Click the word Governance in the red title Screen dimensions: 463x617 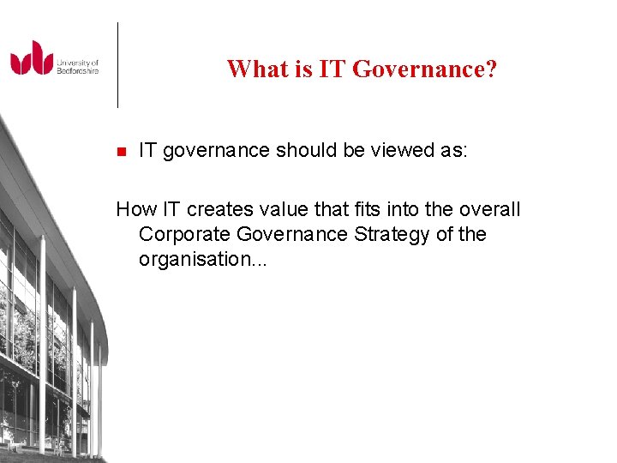pyautogui.click(x=419, y=69)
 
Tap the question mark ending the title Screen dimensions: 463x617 pyautogui.click(x=491, y=69)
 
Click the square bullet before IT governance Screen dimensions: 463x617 pyautogui.click(x=121, y=152)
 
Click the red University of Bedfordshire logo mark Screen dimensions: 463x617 pyautogui.click(x=32, y=58)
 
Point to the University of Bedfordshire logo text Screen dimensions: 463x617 pyautogui.click(x=78, y=66)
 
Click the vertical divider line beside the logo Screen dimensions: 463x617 pyautogui.click(x=117, y=64)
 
